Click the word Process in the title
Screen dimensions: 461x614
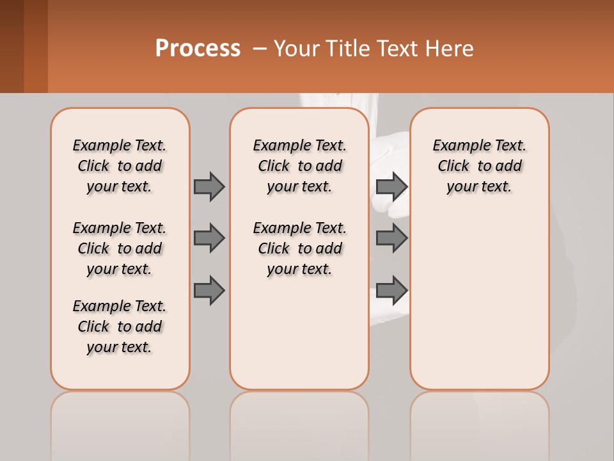(x=198, y=49)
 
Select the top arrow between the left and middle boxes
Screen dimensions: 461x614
(x=209, y=186)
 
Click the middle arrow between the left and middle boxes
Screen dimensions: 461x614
(x=209, y=238)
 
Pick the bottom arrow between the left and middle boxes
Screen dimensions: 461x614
(x=209, y=291)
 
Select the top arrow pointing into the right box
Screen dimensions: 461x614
(x=391, y=186)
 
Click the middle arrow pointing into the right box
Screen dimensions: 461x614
(x=391, y=238)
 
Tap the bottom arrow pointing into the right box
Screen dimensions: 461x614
(x=391, y=291)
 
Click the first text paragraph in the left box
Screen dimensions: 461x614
(x=120, y=166)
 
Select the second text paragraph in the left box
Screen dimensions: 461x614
(x=120, y=248)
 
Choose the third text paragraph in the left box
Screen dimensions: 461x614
(x=120, y=327)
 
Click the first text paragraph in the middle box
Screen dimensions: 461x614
(x=299, y=166)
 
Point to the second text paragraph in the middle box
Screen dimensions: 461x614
(x=299, y=248)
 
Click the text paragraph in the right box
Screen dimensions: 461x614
(x=479, y=166)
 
